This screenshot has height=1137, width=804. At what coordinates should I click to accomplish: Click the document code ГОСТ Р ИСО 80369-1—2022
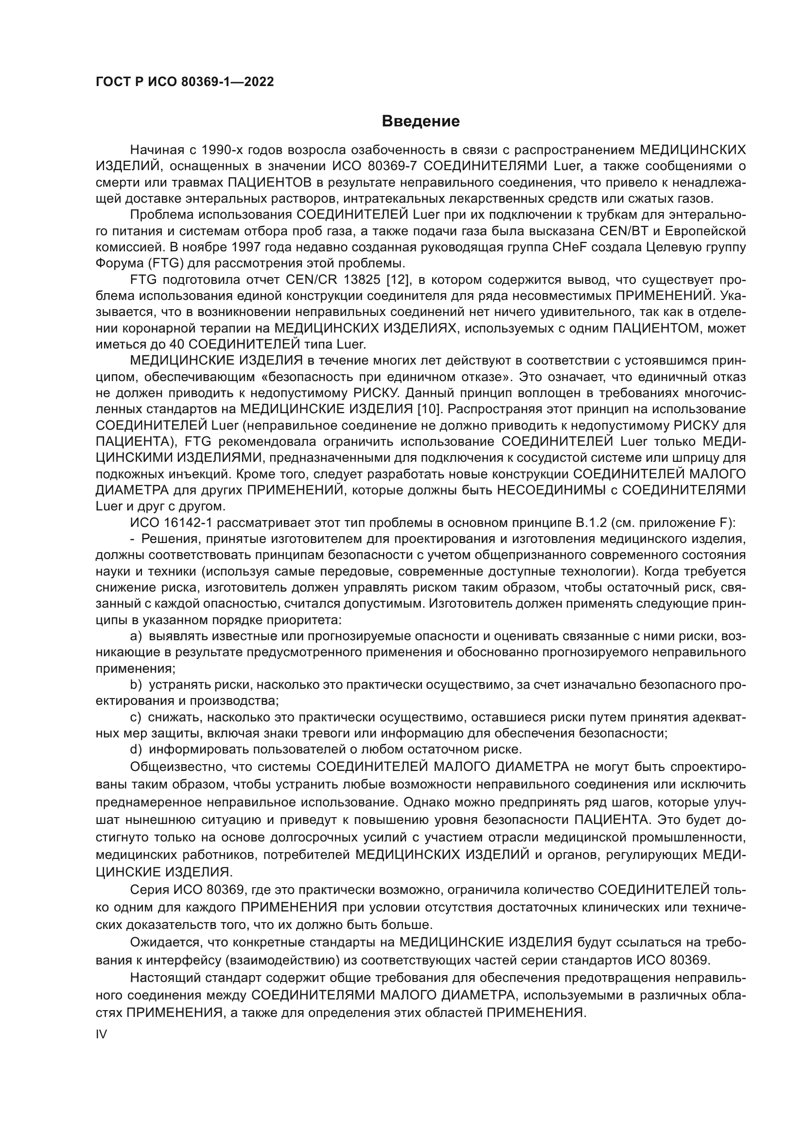(184, 82)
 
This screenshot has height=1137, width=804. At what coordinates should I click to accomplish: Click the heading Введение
(421, 122)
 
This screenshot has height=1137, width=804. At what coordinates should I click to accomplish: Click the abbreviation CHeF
(568, 247)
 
